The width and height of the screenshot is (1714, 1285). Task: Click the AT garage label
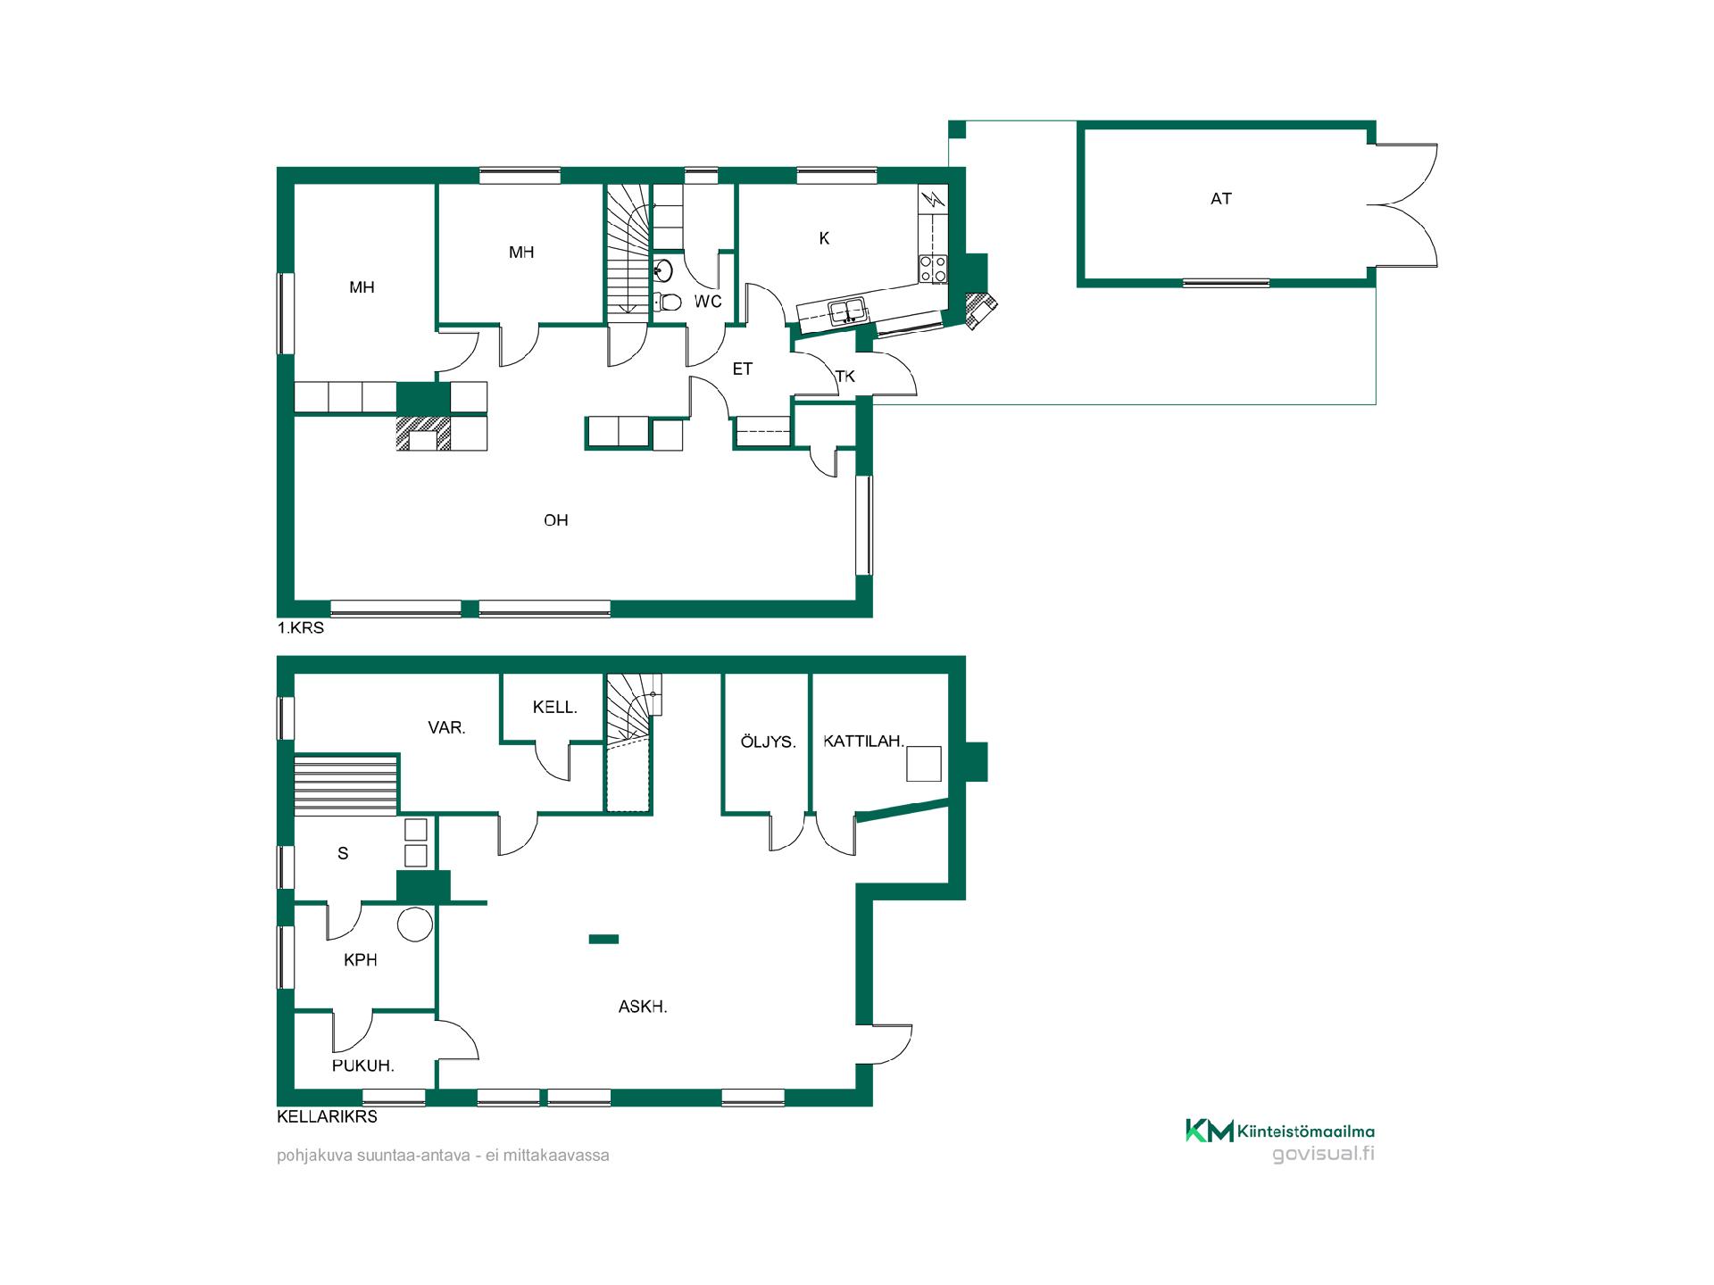click(x=1221, y=199)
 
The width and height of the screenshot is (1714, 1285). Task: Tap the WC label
click(x=708, y=302)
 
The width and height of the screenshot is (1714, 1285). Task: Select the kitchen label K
click(x=824, y=238)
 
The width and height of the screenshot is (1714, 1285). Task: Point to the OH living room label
click(x=556, y=520)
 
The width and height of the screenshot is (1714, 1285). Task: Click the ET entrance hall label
click(x=743, y=369)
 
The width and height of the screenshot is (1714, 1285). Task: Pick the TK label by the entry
click(x=845, y=377)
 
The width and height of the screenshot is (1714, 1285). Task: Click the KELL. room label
click(x=555, y=708)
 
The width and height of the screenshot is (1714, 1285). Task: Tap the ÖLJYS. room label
click(x=768, y=742)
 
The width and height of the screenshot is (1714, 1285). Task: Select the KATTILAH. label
click(x=864, y=741)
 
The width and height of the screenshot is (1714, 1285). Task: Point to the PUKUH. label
click(x=363, y=1065)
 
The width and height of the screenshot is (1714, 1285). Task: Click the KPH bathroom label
click(x=361, y=960)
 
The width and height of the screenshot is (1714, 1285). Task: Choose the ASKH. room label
click(x=643, y=1007)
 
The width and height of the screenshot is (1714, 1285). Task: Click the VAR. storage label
click(x=446, y=728)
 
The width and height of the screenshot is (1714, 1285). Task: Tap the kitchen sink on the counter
click(x=847, y=311)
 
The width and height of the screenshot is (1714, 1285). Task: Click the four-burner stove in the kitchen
click(x=933, y=269)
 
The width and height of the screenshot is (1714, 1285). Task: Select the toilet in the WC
click(x=667, y=302)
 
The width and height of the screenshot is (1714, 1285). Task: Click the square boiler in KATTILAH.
click(x=925, y=763)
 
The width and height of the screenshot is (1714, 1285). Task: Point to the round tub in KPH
click(x=415, y=924)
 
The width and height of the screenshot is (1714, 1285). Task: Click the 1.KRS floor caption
click(x=301, y=628)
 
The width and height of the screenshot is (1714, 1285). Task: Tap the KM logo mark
click(x=1209, y=1131)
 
